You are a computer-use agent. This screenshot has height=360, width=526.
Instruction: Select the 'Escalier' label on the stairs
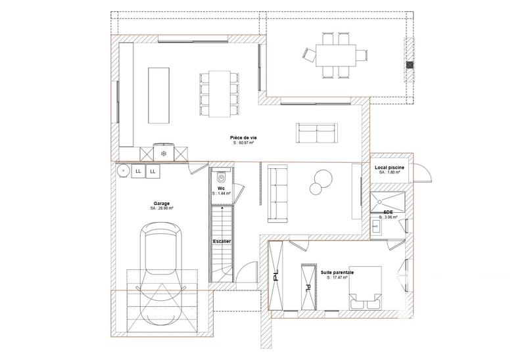222,242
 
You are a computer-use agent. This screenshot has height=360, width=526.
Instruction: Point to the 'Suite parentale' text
337,271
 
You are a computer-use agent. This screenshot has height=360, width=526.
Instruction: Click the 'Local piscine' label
389,168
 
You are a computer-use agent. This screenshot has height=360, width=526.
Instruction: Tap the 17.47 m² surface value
337,277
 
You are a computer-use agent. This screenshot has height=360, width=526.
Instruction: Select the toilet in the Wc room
221,177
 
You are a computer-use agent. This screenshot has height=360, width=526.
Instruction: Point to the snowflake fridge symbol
163,152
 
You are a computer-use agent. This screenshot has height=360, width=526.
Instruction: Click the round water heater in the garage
123,171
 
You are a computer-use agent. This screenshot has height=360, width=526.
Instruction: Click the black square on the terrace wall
411,64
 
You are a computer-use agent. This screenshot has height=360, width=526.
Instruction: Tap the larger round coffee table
323,178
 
